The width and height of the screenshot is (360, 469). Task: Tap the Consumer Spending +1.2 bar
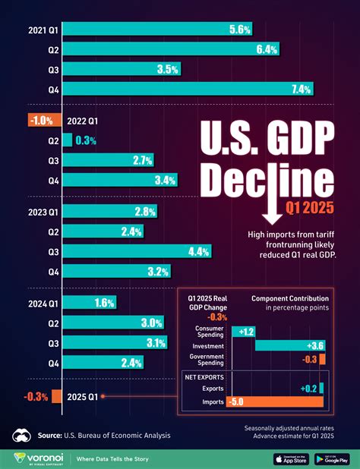click(245, 332)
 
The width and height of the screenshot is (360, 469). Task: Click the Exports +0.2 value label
click(307, 388)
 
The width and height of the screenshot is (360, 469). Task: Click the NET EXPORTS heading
click(204, 375)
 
